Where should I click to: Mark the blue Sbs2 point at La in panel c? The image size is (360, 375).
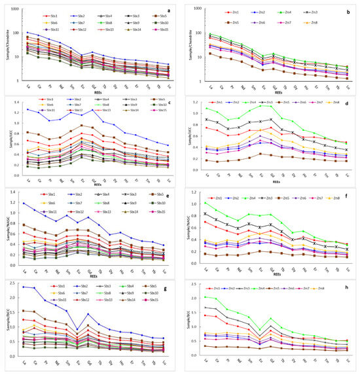[27, 109]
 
